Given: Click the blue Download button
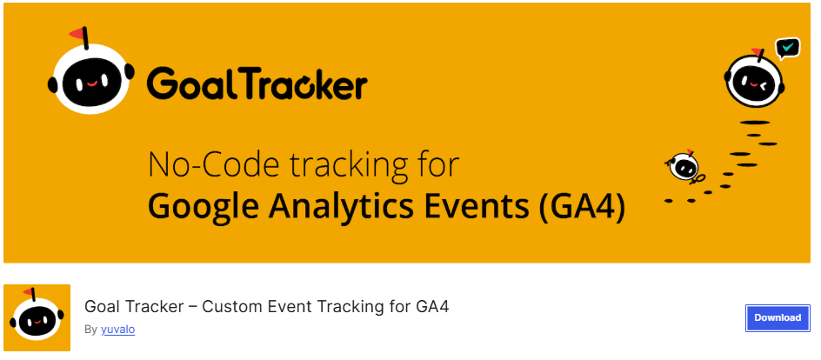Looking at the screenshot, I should [777, 318].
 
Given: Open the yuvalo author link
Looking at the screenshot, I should [117, 330].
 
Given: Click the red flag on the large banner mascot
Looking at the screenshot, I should [81, 36].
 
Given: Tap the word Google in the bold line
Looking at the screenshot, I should [200, 208].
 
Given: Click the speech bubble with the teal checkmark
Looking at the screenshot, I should [788, 47].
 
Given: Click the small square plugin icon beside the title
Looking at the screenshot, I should [37, 318].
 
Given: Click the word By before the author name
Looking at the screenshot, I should [90, 330].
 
